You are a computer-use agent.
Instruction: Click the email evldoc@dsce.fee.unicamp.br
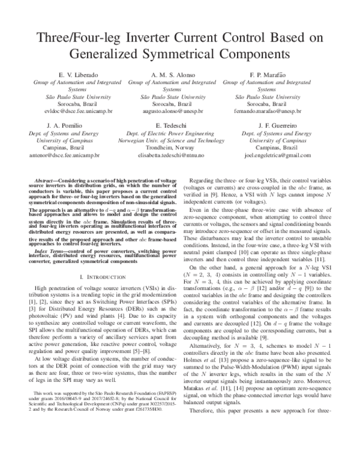point(84,111)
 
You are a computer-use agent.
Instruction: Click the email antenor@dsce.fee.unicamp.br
point(84,155)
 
